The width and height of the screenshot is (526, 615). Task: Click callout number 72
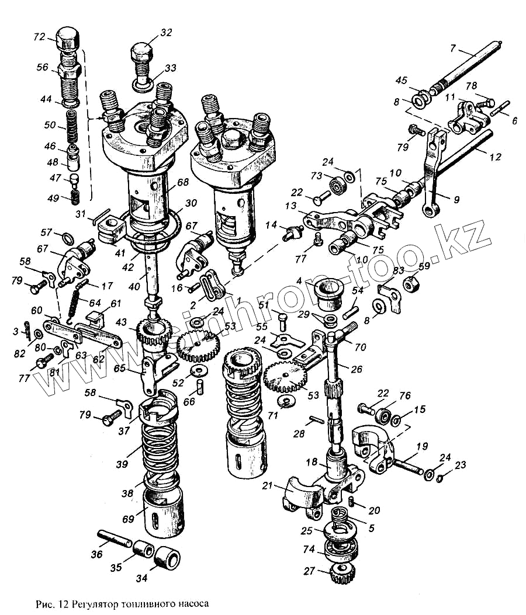click(x=39, y=37)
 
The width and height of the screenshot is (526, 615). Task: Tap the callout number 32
click(x=166, y=33)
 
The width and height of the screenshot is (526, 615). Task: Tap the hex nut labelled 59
click(x=413, y=284)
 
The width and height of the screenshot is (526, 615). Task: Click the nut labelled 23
click(x=440, y=478)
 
